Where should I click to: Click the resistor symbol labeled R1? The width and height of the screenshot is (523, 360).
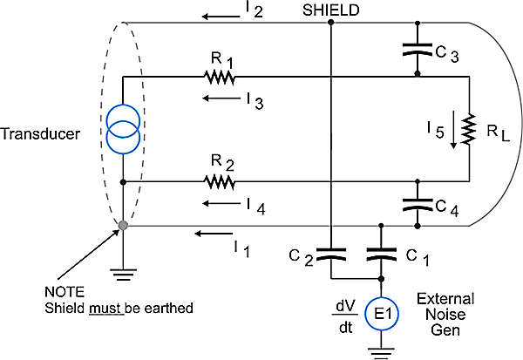[220, 77]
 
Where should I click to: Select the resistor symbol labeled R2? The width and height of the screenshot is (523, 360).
[220, 182]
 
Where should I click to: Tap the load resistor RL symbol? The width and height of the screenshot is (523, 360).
[469, 129]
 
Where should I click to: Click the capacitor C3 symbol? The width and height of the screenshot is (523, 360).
[418, 49]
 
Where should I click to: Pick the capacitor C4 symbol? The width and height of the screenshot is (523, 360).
[418, 205]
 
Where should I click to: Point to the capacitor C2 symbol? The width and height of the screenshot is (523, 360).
[331, 255]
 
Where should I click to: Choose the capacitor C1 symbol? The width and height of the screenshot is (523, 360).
[381, 255]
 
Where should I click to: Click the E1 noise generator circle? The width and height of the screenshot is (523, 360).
[382, 314]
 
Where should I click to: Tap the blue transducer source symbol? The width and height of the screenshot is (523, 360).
[123, 129]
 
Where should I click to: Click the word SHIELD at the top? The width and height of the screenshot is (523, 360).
[331, 10]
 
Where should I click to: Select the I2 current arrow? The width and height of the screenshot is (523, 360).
[221, 16]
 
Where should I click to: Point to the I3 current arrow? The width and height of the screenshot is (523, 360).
[221, 98]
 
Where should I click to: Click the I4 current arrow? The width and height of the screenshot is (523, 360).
[221, 203]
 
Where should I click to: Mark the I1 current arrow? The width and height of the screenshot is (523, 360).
[214, 234]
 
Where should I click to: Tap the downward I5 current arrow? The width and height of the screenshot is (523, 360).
[453, 130]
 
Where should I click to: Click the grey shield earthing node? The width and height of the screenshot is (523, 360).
[123, 226]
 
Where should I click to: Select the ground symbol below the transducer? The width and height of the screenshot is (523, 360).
[123, 275]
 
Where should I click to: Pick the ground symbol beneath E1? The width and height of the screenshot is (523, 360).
[381, 353]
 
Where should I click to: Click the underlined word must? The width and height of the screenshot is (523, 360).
[106, 309]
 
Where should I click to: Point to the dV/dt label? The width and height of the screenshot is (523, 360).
[345, 316]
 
